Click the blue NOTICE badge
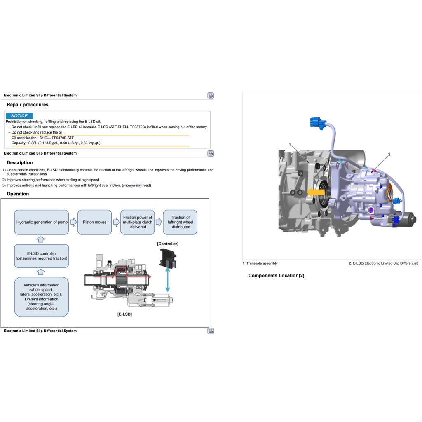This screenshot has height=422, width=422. point(19,116)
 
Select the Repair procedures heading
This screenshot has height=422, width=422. point(28,105)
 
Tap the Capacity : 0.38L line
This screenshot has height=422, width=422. point(56,143)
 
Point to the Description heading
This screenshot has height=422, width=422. point(20,163)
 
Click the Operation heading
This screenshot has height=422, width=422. point(18,194)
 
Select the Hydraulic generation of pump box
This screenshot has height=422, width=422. point(42,222)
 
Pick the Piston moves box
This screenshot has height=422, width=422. point(94,222)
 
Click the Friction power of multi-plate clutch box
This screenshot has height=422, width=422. point(138,222)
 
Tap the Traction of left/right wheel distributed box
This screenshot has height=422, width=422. point(180,222)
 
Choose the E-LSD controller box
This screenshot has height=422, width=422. point(42,256)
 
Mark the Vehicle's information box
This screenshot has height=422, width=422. point(42,297)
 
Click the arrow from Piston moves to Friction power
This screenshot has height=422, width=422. point(116,222)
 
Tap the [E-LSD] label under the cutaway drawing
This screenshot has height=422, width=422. point(124,314)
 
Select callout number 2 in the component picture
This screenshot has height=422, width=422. point(389,154)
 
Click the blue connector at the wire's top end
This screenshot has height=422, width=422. point(317,123)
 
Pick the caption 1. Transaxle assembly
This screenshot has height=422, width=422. point(260,263)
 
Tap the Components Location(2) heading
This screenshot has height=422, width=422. point(276,276)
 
